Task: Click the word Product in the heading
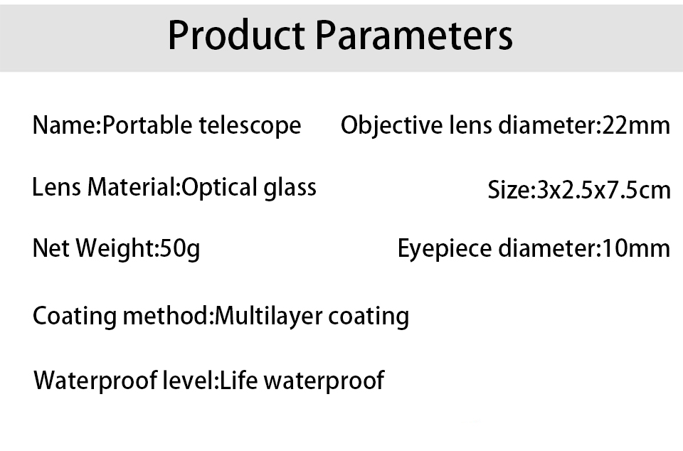(236, 36)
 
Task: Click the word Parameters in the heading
(414, 36)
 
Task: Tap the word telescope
(250, 126)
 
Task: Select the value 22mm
(635, 125)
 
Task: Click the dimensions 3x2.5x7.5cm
(603, 190)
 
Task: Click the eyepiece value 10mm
(635, 248)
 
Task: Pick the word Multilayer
(269, 316)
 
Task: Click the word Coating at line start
(75, 316)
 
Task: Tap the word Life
(239, 380)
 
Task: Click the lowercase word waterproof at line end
(324, 381)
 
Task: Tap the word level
(189, 380)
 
